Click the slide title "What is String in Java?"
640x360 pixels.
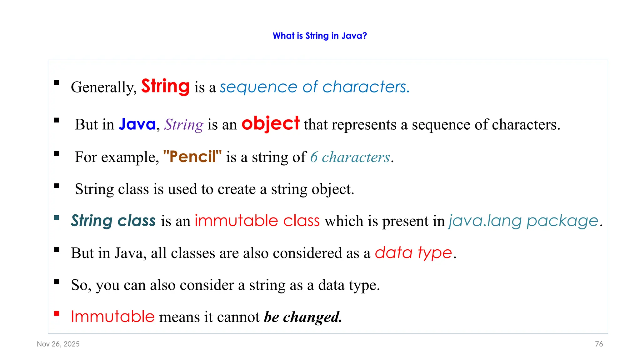coord(320,36)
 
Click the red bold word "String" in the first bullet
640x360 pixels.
coord(165,86)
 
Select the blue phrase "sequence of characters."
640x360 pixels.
coord(314,87)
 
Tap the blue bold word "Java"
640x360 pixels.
coord(137,124)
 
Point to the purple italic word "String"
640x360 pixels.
coord(184,125)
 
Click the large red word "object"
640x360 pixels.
coord(270,123)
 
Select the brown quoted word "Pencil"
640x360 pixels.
coord(192,157)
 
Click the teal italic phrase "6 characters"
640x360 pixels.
coord(350,157)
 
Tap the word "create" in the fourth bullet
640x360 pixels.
coord(237,189)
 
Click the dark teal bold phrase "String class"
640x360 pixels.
coord(113,221)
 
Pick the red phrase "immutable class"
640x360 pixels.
coord(257,221)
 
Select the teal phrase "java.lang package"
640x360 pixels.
coord(523,221)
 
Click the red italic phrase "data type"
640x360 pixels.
coord(413,252)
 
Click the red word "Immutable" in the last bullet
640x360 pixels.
coord(113,317)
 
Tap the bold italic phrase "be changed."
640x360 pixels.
coord(303,317)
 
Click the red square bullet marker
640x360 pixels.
coord(57,314)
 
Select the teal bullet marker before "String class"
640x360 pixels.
coord(57,218)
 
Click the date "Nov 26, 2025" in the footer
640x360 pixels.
coord(58,344)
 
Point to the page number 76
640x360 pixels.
coord(599,344)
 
